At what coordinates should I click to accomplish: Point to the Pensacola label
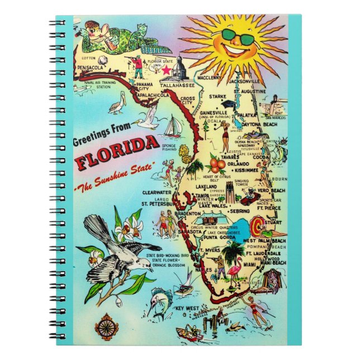[93, 68]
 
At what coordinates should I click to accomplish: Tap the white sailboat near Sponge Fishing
[172, 128]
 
